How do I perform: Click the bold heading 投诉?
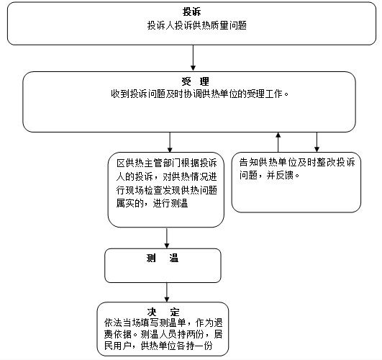192,12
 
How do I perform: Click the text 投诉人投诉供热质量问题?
197,25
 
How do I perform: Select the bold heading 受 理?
195,81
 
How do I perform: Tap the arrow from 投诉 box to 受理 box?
193,58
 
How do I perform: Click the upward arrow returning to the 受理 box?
278,142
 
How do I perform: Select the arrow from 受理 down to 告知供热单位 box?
317,142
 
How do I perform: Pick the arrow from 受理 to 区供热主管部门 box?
170,143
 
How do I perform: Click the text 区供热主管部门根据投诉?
167,163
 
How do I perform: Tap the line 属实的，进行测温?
152,203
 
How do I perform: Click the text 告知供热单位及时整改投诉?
297,162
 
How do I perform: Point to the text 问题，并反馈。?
269,175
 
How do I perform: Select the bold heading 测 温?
163,258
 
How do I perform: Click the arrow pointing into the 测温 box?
167,238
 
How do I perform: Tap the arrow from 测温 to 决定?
167,292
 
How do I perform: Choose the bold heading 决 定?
163,312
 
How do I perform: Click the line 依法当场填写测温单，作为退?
163,323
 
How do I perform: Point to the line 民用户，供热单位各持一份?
158,346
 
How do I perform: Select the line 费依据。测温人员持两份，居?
163,334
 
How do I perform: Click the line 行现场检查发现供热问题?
167,190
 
